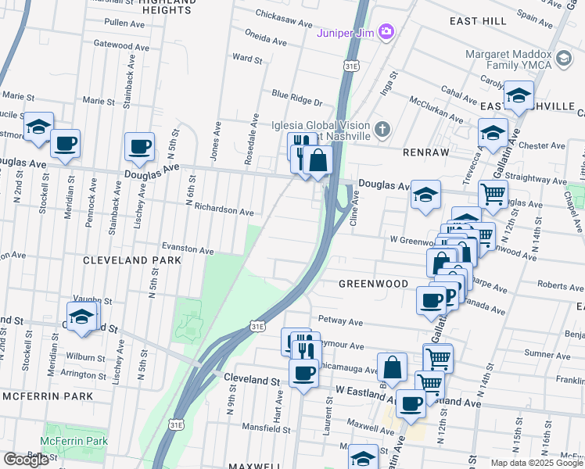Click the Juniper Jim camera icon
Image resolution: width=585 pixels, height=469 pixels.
[x=385, y=31]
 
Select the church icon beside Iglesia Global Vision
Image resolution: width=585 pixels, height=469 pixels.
[x=382, y=129]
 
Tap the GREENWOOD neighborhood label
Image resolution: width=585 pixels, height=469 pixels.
[x=374, y=283]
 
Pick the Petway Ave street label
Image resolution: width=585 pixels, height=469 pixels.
[x=340, y=321]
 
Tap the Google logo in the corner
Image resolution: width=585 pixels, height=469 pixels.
[x=26, y=460]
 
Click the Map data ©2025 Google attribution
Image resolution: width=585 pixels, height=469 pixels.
[x=537, y=463]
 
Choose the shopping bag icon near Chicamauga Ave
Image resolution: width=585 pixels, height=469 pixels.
[x=392, y=367]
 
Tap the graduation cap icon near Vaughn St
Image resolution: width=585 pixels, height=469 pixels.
[x=81, y=317]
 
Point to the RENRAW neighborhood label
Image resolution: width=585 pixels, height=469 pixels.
[x=424, y=152]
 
